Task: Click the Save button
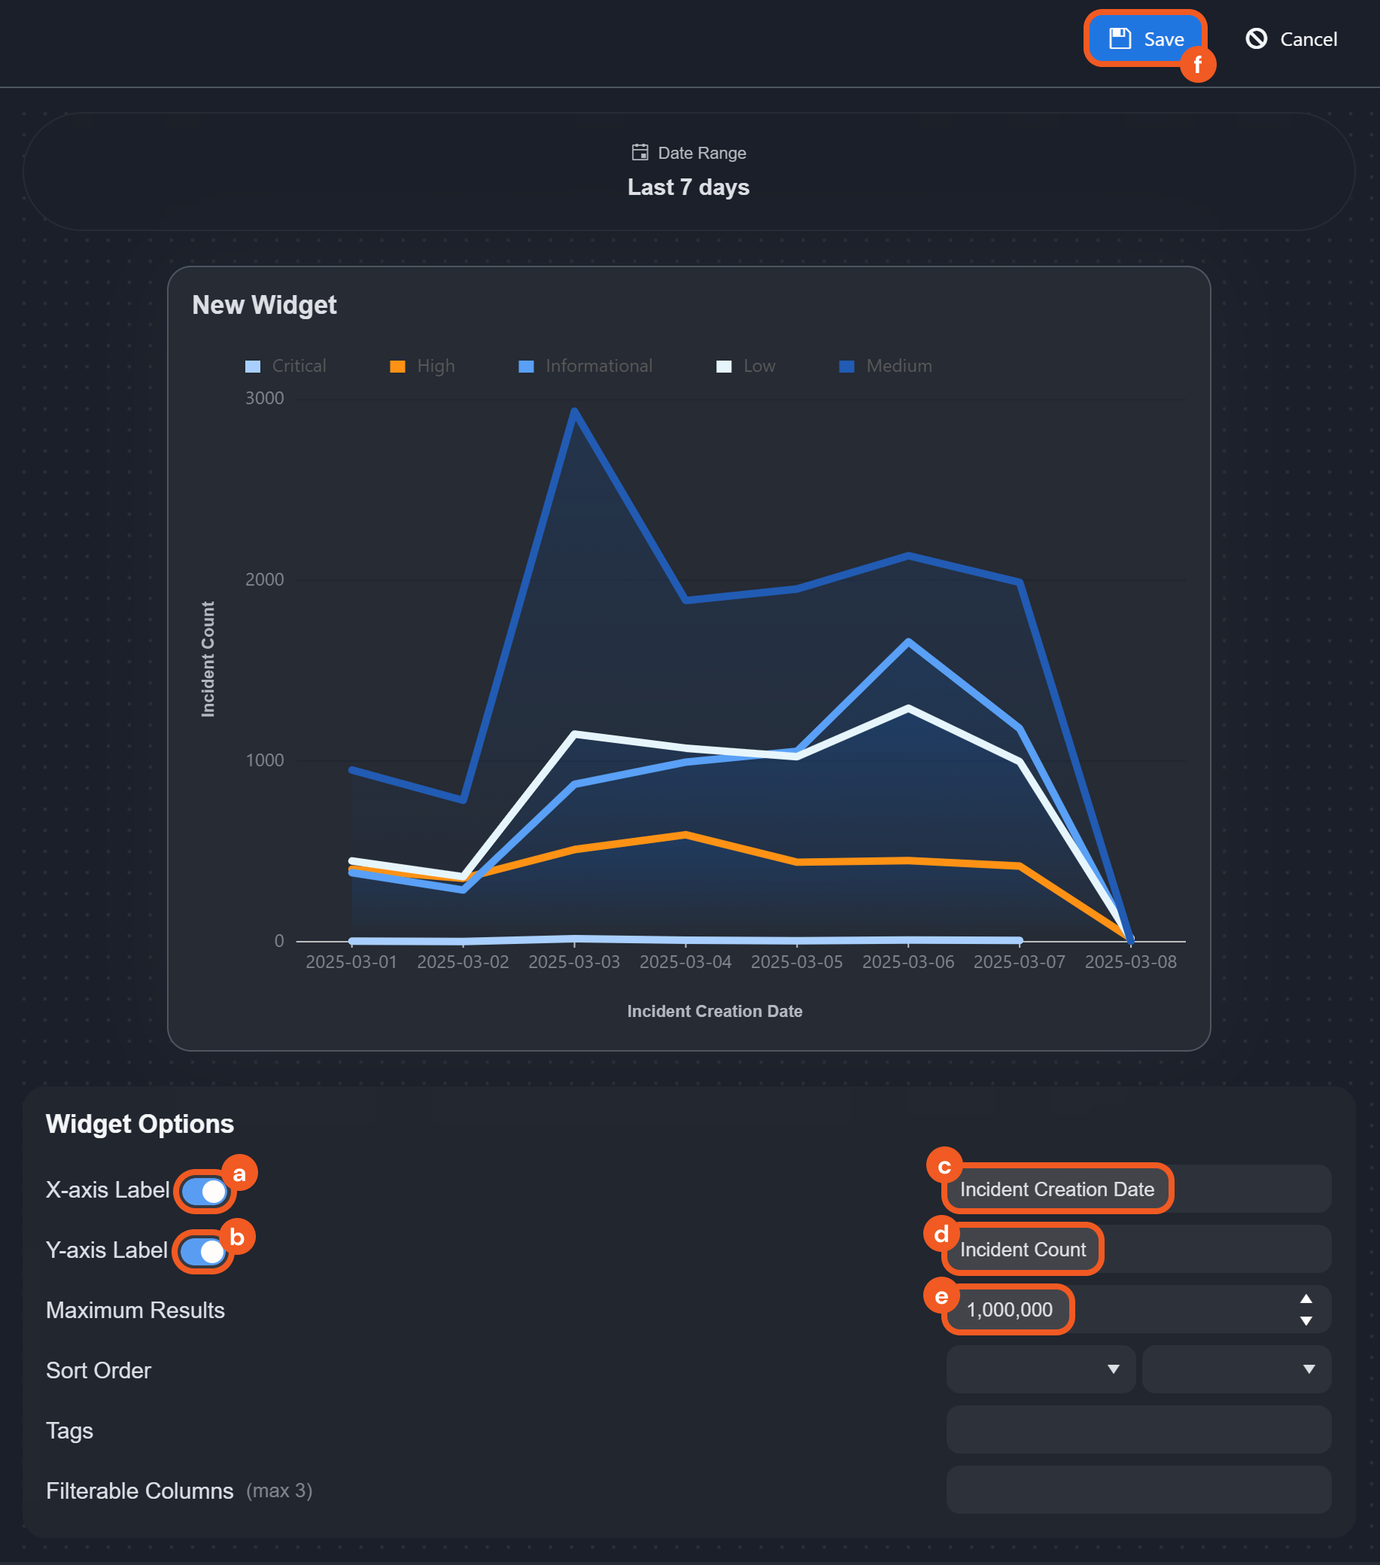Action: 1146,39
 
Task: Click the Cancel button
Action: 1292,39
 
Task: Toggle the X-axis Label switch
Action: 204,1192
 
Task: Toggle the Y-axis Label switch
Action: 202,1252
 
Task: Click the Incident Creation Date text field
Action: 1138,1189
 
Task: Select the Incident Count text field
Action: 1138,1250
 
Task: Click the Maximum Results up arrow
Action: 1306,1299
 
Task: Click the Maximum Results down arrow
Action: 1306,1322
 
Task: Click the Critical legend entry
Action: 285,366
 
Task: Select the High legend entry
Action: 422,366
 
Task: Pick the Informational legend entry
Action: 585,366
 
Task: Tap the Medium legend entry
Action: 886,366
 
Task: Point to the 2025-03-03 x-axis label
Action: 574,963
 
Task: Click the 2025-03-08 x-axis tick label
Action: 1130,963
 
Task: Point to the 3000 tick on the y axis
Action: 264,398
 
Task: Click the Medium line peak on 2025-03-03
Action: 575,412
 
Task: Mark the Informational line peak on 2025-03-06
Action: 908,641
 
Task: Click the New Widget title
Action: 264,305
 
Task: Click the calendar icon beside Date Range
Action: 640,152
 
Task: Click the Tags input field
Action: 1138,1430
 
